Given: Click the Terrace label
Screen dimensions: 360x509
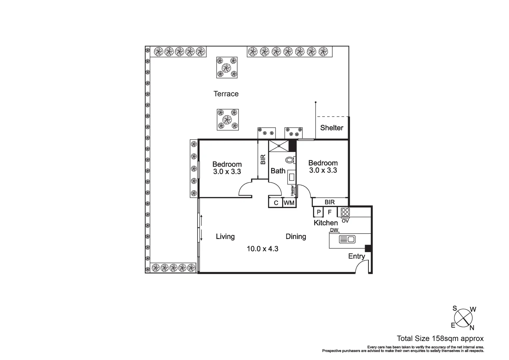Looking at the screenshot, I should coord(226,94).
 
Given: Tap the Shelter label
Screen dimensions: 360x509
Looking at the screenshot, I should coord(331,128).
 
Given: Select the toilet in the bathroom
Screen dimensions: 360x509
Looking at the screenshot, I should coord(290,160).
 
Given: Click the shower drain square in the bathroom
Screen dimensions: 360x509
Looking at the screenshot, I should coord(278,146).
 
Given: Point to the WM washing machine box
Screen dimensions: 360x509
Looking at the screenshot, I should coord(289,203).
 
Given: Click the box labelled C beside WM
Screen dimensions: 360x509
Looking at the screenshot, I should coord(276,203).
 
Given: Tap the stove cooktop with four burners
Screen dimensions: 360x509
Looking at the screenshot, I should coord(345,212).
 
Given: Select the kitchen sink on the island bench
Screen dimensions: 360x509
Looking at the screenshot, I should coord(347,239).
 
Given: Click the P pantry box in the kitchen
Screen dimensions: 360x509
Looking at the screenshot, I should coord(318,212).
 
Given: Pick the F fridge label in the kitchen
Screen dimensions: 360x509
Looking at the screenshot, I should coord(329,212).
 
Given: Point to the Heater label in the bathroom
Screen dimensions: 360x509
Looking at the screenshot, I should coord(292,190).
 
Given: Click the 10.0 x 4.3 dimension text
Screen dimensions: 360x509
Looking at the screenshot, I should coord(262,248).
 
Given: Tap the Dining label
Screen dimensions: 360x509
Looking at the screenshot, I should coord(296,236).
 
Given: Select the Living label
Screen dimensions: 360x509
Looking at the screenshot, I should coord(225,236).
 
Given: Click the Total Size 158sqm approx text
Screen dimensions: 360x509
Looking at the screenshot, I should coord(440,339).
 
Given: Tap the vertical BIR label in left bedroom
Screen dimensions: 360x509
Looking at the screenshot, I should coord(263,159).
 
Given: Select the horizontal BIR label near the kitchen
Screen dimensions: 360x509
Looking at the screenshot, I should coord(329,202).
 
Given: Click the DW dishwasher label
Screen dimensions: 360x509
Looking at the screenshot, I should coord(334,230).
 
